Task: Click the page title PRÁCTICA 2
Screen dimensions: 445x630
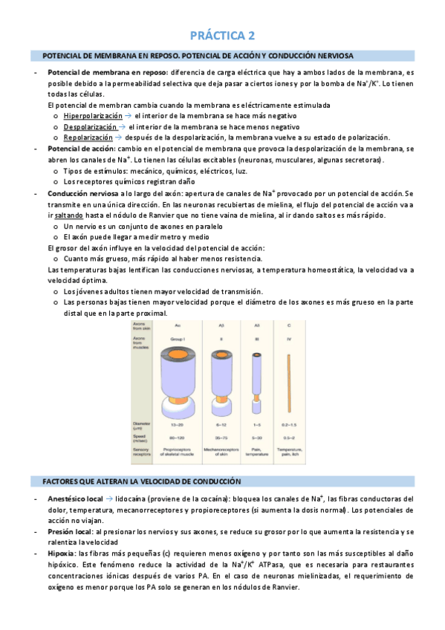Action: coord(222,35)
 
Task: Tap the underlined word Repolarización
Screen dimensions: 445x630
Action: coord(88,137)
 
